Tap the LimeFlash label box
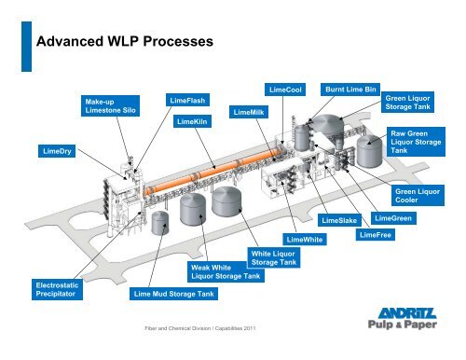189,100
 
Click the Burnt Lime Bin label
349,89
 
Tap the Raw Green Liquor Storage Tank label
415,142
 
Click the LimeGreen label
392,218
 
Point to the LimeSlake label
339,221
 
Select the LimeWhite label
306,240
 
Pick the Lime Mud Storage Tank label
172,295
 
